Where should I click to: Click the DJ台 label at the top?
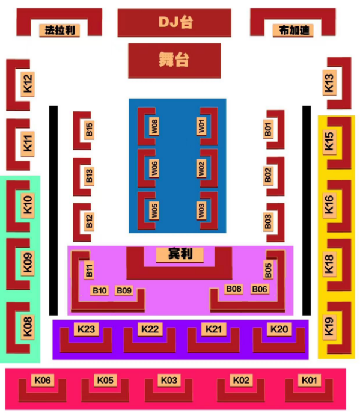click(175, 22)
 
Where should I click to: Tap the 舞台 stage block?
click(174, 61)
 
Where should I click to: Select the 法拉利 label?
click(59, 31)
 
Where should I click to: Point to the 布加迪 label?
click(293, 31)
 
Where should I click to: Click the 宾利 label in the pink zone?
click(180, 254)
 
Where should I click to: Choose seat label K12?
click(28, 84)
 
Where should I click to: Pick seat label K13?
click(329, 83)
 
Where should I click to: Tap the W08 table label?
click(154, 126)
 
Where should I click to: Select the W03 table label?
click(201, 210)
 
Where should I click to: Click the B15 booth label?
click(90, 130)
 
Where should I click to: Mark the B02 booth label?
click(268, 175)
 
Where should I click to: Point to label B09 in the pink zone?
click(124, 290)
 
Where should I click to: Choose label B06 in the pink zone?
click(260, 289)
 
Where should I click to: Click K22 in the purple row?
click(150, 329)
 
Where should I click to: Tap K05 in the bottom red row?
click(105, 380)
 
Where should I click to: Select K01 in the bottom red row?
click(309, 380)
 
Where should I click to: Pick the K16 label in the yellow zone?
click(329, 205)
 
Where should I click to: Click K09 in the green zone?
click(28, 263)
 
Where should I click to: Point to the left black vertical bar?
click(53, 210)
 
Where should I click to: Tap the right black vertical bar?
click(307, 210)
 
